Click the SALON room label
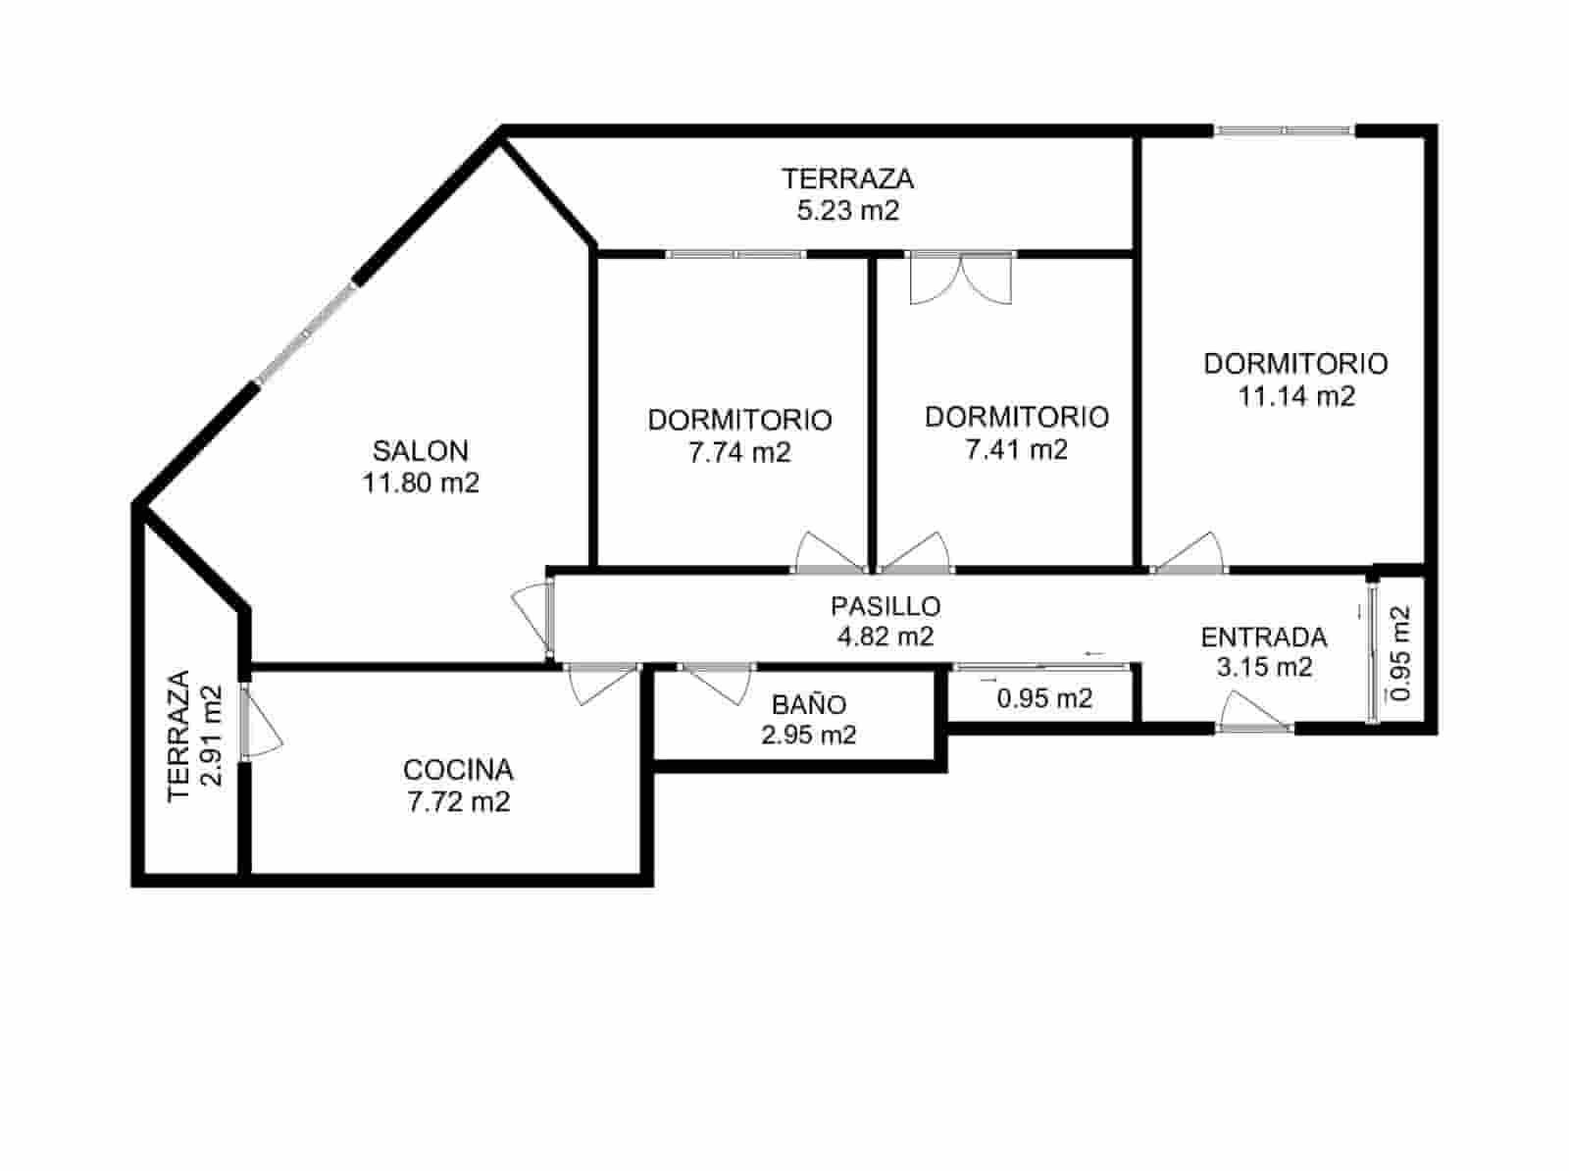(x=420, y=451)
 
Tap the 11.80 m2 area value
(x=421, y=484)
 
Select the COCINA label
(x=458, y=770)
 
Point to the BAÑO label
(x=808, y=704)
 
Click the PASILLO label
(x=885, y=606)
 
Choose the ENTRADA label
(x=1264, y=637)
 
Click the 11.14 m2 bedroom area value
(x=1295, y=396)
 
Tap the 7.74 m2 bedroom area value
(x=739, y=452)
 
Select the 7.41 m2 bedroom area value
(x=1016, y=449)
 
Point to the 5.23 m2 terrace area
(x=847, y=211)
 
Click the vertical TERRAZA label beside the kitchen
(x=177, y=736)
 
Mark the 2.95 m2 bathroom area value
(x=808, y=735)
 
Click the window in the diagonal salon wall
(x=306, y=333)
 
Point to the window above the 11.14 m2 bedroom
(x=1284, y=130)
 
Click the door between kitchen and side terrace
(x=257, y=723)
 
